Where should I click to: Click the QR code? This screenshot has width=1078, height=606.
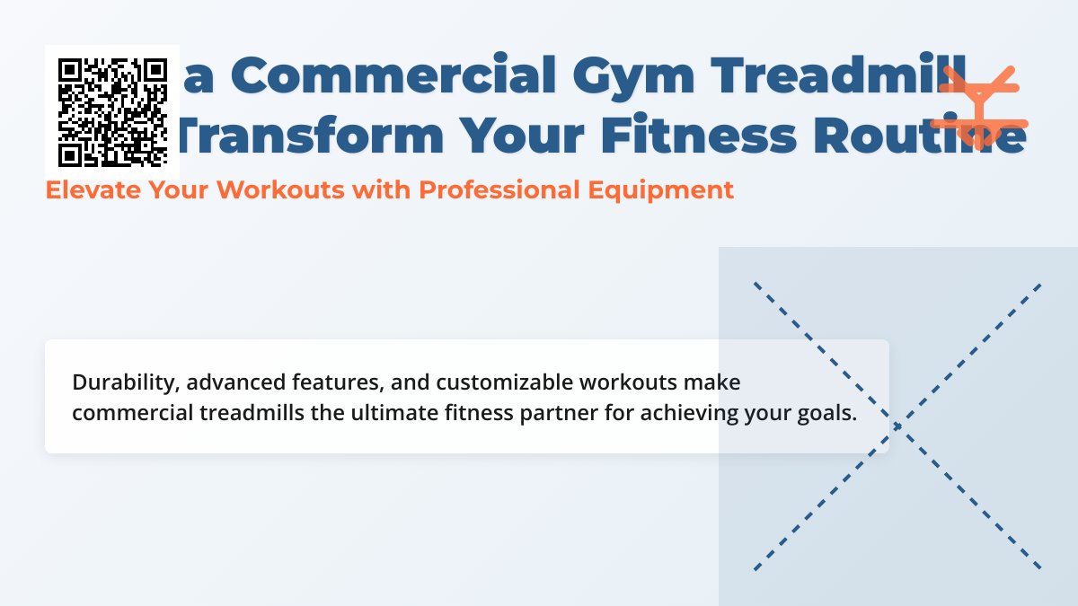(x=112, y=111)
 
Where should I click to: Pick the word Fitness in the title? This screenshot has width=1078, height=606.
(x=682, y=135)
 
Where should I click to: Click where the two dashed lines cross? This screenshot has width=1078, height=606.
(x=897, y=426)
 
